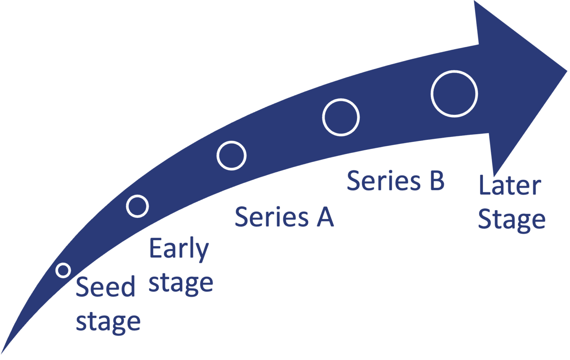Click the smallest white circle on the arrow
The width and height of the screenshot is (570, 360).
tap(63, 270)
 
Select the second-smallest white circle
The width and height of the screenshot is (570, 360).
tap(137, 206)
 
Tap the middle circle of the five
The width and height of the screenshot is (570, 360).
tap(231, 155)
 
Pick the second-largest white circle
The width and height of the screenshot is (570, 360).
tap(341, 117)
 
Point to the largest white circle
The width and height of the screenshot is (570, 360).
tap(454, 94)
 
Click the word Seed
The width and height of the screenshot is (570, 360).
tap(106, 287)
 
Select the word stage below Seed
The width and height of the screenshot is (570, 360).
tap(108, 322)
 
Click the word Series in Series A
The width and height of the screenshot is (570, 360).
tap(272, 217)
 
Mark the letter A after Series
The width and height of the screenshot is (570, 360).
tap(325, 217)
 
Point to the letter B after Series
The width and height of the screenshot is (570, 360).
tap(437, 181)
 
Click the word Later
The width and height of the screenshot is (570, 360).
tap(510, 186)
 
